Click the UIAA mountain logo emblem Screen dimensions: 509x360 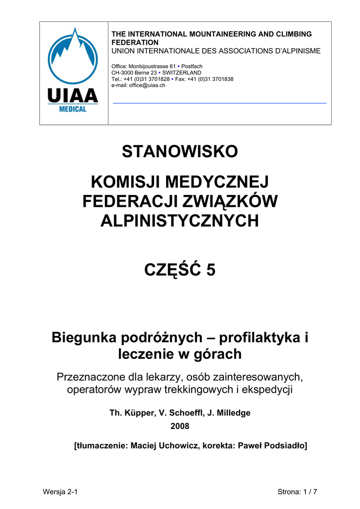(x=73, y=56)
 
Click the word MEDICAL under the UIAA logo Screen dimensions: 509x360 (x=73, y=109)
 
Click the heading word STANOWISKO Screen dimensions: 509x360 (x=180, y=152)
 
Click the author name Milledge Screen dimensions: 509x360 (x=232, y=413)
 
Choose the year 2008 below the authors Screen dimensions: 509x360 (x=180, y=426)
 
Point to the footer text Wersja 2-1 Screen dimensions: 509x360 (x=61, y=492)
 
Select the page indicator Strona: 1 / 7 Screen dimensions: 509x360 (x=297, y=492)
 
